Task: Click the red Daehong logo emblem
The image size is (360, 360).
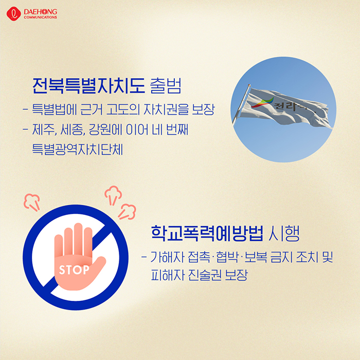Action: click(14, 14)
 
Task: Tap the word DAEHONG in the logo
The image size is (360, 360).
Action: click(41, 12)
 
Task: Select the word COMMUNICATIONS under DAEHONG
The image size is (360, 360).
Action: click(41, 17)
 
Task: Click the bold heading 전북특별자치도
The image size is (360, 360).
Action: click(88, 86)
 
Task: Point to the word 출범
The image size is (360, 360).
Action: click(166, 86)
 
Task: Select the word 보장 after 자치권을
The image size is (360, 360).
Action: click(203, 109)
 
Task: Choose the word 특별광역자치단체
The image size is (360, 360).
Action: click(77, 149)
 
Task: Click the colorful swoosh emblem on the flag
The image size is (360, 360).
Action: click(262, 103)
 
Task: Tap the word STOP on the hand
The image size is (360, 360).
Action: click(74, 270)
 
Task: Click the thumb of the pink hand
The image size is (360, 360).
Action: click(98, 266)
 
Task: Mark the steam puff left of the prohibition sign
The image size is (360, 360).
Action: click(32, 202)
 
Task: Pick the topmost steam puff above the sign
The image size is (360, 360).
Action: click(113, 195)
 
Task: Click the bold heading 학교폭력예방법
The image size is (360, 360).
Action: click(207, 233)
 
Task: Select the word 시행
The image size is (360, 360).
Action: click(284, 233)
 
